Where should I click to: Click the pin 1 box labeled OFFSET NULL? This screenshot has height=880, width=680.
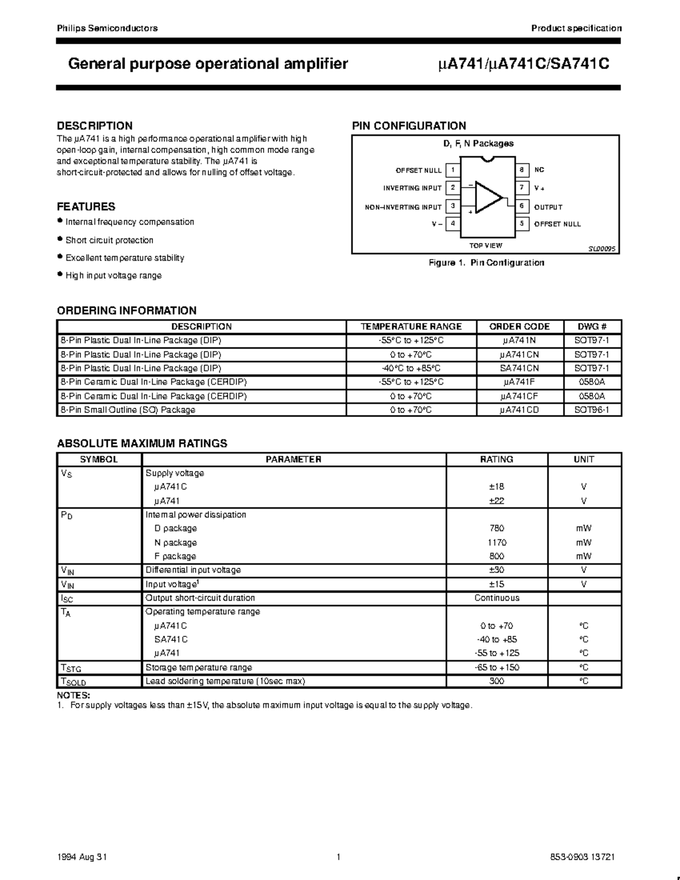coord(453,170)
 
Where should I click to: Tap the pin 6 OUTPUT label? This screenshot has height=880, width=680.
coord(548,207)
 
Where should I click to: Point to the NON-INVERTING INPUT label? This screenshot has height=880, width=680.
coord(403,207)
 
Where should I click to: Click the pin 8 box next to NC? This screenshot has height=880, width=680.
coord(521,170)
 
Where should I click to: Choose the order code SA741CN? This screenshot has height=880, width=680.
coord(519,368)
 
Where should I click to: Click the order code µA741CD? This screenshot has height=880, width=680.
coord(519,410)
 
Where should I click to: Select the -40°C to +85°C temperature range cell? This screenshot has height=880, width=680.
coord(411,368)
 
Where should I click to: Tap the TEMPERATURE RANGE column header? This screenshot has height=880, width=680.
coord(411,327)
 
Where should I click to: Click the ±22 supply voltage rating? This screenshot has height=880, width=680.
coord(496,501)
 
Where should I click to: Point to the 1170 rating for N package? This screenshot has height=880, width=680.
coord(496,542)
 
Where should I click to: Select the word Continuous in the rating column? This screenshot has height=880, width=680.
coord(496,598)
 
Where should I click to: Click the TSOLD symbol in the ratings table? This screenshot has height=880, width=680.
coord(73,682)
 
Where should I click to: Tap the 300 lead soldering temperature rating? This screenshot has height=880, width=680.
coord(496,681)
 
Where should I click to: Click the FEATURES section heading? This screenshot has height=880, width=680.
coord(86,207)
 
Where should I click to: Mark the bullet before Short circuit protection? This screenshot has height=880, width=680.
coord(60,239)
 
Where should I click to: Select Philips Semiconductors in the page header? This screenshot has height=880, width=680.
coord(107,28)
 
